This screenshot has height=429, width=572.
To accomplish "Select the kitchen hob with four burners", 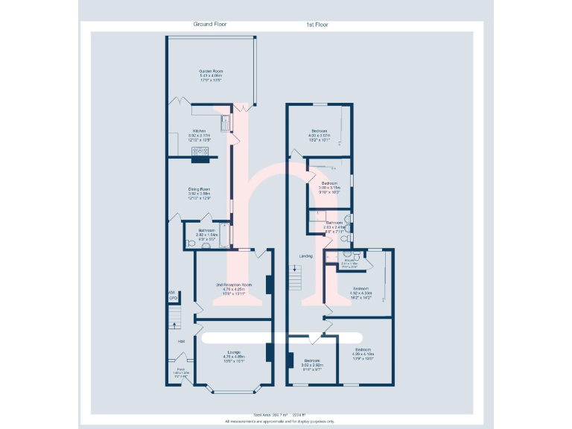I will tap(202, 153).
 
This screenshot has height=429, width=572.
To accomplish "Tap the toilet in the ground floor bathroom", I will tap(190, 243).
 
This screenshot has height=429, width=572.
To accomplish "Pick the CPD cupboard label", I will tap(173, 299).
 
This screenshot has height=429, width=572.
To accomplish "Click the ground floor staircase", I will tap(174, 320).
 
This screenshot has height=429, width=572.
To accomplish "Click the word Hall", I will tap(181, 342).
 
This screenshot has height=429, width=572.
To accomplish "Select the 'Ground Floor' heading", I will tap(211, 24).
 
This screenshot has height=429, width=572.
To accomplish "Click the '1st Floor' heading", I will tap(318, 25).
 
